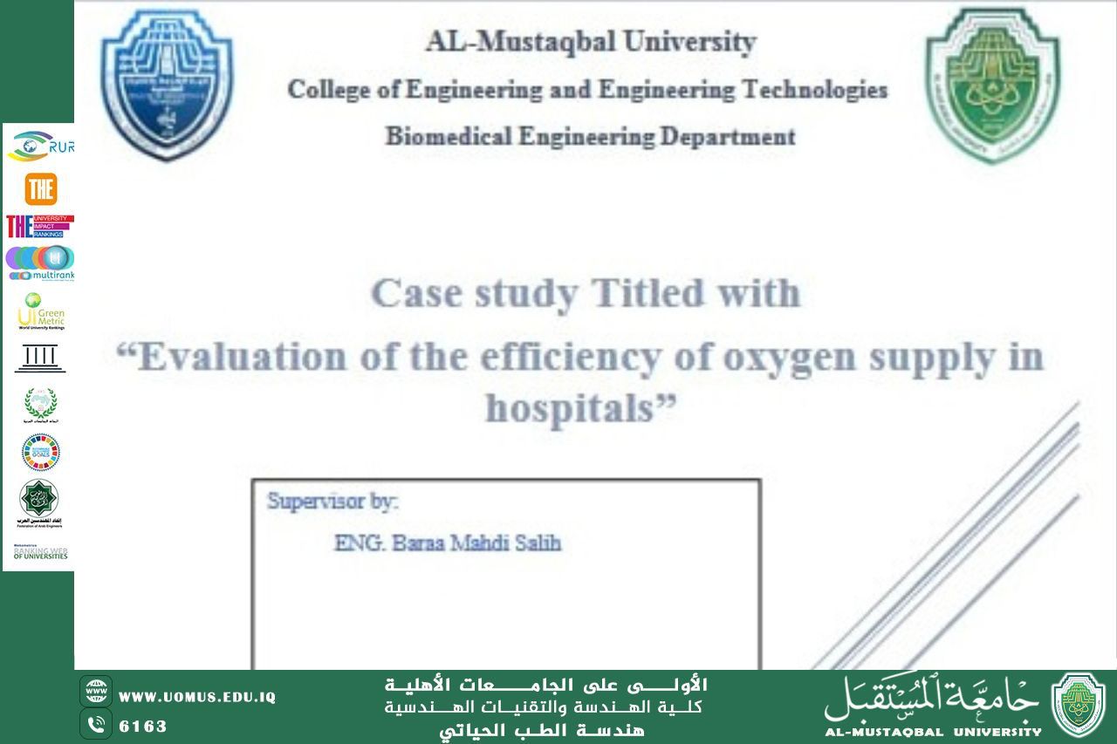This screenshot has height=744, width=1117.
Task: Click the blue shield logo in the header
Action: [x=168, y=85]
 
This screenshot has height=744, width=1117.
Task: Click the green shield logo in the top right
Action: [x=993, y=85]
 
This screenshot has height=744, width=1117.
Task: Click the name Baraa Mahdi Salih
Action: [x=448, y=543]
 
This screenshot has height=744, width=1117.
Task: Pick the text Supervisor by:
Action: [x=332, y=502]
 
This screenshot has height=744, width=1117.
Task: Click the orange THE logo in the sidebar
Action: [x=40, y=189]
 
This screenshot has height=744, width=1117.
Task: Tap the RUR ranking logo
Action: [x=40, y=146]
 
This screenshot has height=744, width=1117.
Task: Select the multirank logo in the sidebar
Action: [x=40, y=263]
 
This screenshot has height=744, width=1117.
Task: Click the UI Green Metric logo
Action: [x=41, y=312]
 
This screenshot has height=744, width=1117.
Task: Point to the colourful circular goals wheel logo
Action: [x=40, y=452]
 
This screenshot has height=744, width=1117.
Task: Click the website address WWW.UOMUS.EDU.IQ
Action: [x=197, y=697]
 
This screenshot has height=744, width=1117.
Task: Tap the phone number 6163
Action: [x=143, y=726]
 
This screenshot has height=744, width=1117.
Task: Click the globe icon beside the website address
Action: [x=96, y=692]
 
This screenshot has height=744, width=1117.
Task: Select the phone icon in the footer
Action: [x=96, y=724]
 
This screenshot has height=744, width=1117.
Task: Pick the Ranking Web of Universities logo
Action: [x=40, y=552]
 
